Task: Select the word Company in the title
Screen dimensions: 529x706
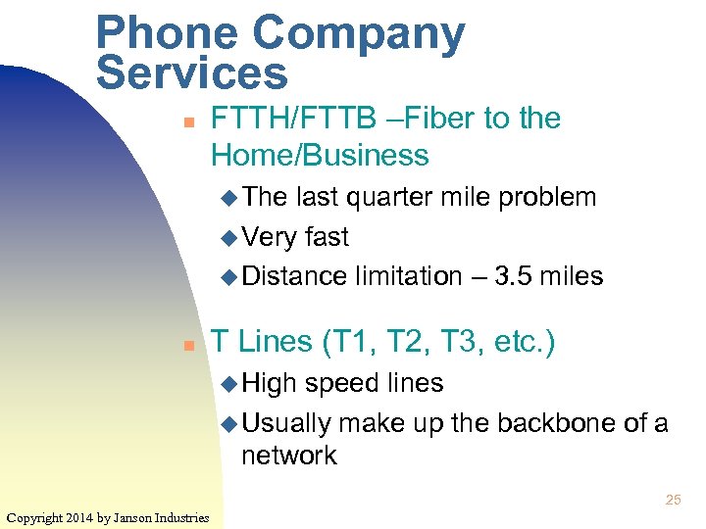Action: coord(359,35)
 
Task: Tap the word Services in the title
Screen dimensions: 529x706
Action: coord(192,73)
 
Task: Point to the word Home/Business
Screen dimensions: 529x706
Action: coord(320,155)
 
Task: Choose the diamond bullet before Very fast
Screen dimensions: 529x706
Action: coord(229,237)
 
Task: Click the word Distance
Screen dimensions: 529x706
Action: coord(294,276)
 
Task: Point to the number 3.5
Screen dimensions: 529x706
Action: coord(516,276)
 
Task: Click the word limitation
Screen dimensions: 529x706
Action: coord(404,276)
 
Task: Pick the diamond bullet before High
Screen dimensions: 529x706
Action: coord(229,383)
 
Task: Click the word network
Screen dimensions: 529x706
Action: coord(289,456)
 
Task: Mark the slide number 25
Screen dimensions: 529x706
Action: coord(673,500)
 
